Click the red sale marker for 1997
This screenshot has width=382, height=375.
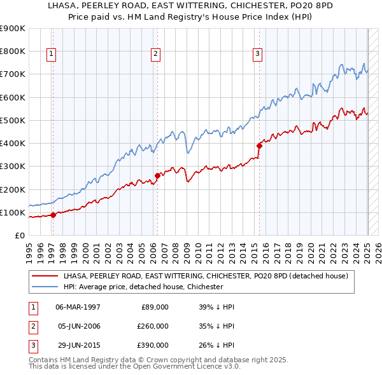click(x=53, y=215)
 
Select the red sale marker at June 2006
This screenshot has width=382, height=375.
click(x=157, y=175)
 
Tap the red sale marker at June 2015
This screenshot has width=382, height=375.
click(x=259, y=146)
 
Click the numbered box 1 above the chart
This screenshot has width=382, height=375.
click(x=51, y=54)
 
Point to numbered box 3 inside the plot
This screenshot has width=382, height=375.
click(x=257, y=54)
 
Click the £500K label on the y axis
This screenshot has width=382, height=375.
click(x=13, y=120)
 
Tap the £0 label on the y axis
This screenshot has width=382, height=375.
click(x=19, y=236)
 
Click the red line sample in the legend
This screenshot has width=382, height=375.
click(x=45, y=276)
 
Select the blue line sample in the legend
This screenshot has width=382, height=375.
click(x=45, y=287)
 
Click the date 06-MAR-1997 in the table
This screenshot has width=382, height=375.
click(x=78, y=307)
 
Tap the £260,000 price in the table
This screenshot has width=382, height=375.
click(x=153, y=326)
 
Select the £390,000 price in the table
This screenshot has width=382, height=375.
click(x=153, y=345)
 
